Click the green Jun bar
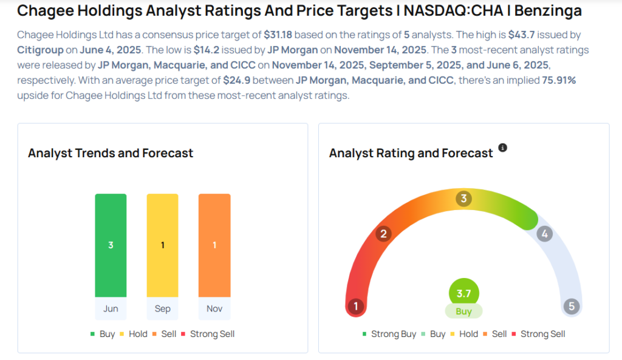click(111, 245)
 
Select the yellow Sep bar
click(162, 245)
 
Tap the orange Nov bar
click(214, 245)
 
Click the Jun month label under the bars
click(111, 308)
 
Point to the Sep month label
click(162, 308)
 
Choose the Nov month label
click(214, 308)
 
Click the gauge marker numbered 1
click(356, 307)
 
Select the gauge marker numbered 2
click(383, 234)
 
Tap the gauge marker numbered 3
click(464, 199)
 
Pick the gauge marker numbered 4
click(545, 234)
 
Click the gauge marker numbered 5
click(571, 307)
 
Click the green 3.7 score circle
click(464, 293)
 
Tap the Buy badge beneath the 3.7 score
click(464, 311)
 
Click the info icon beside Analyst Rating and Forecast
click(502, 148)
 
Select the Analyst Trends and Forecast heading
click(111, 153)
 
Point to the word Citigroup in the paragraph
click(40, 50)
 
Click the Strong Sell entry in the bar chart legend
click(211, 334)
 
